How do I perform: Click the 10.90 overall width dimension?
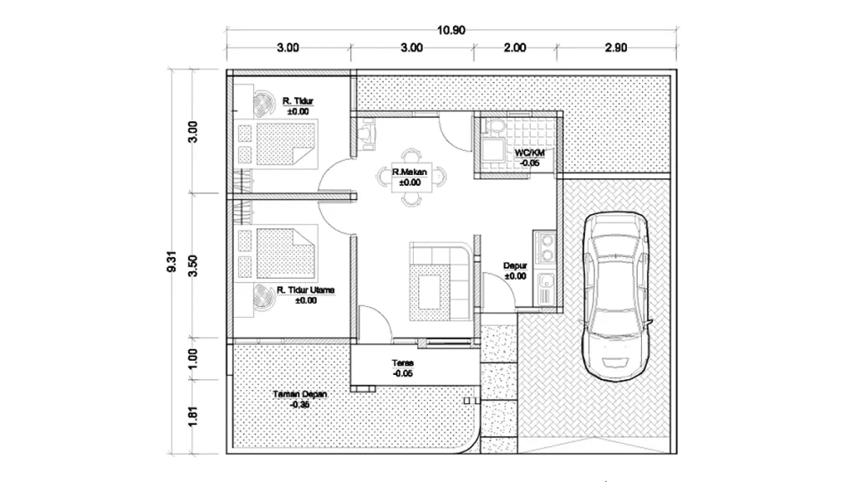(451, 31)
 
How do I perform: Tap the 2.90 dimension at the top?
(616, 48)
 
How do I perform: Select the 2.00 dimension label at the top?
(515, 48)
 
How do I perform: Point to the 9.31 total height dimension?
(172, 261)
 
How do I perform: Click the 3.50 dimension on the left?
(193, 266)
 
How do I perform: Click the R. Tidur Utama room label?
(306, 290)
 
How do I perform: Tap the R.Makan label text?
(410, 172)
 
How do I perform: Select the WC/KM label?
(529, 153)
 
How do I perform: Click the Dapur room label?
(515, 266)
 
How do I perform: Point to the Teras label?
(403, 363)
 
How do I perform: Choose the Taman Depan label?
(300, 394)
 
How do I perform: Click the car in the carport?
(616, 296)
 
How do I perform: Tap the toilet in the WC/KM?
(496, 127)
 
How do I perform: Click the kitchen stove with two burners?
(545, 247)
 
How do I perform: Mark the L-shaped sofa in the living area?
(440, 284)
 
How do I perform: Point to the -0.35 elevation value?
(300, 405)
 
